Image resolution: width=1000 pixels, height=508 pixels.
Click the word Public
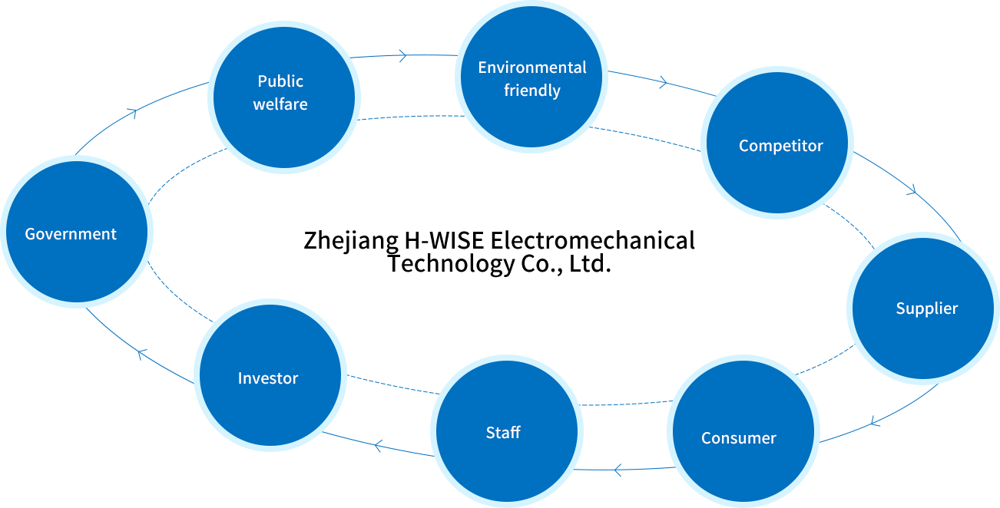(x=280, y=81)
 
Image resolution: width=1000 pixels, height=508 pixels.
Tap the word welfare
(x=280, y=104)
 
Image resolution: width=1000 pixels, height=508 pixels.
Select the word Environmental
(x=531, y=68)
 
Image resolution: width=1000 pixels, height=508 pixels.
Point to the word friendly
(x=532, y=91)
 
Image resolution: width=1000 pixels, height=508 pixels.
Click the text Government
(x=71, y=234)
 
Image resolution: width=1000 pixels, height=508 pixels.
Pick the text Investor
(x=268, y=378)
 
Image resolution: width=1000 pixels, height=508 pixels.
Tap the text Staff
(x=503, y=433)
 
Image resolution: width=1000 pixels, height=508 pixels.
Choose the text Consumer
(x=739, y=438)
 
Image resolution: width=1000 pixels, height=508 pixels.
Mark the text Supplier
(x=927, y=308)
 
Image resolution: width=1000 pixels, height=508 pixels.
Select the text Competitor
(x=781, y=146)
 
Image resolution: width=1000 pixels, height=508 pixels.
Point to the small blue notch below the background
(x=617, y=473)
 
